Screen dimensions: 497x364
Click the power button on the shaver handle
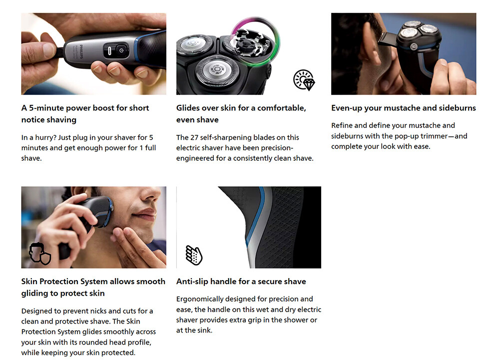[121, 50]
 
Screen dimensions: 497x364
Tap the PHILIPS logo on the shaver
[81, 51]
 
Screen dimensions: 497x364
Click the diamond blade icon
[304, 80]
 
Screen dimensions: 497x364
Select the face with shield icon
[40, 254]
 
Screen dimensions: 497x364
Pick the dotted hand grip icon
[194, 255]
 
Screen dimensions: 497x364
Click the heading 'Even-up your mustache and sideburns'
[404, 108]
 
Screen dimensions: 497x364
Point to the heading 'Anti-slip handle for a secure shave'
[241, 281]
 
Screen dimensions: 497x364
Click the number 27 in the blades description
[194, 137]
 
